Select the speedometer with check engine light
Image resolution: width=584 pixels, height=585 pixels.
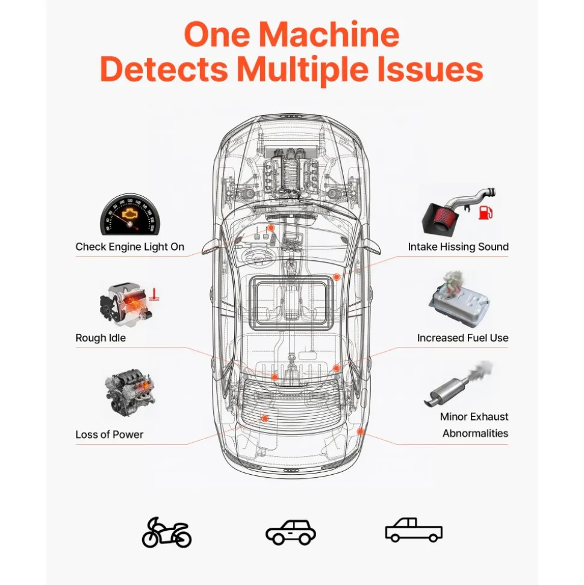pos(129,214)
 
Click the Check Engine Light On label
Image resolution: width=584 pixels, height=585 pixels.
pos(130,246)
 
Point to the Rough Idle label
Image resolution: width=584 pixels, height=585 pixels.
pos(101,337)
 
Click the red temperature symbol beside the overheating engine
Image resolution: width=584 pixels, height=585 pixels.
pos(154,295)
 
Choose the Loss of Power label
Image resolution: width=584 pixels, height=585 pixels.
pos(109,434)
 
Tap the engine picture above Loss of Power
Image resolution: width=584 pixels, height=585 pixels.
pos(130,392)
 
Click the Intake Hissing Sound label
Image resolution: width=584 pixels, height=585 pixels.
pos(458,246)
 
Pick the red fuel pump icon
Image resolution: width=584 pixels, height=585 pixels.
pos(485,212)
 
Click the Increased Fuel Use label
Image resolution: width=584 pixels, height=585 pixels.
pos(462,337)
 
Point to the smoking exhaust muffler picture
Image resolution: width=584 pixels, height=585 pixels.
pos(458,384)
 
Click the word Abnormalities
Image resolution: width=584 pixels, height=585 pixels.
pos(475,433)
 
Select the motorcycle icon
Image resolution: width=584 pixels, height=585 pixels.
pos(167,532)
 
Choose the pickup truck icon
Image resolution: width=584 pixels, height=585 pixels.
pos(414,530)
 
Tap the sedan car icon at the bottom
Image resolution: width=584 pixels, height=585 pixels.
pos(291,532)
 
